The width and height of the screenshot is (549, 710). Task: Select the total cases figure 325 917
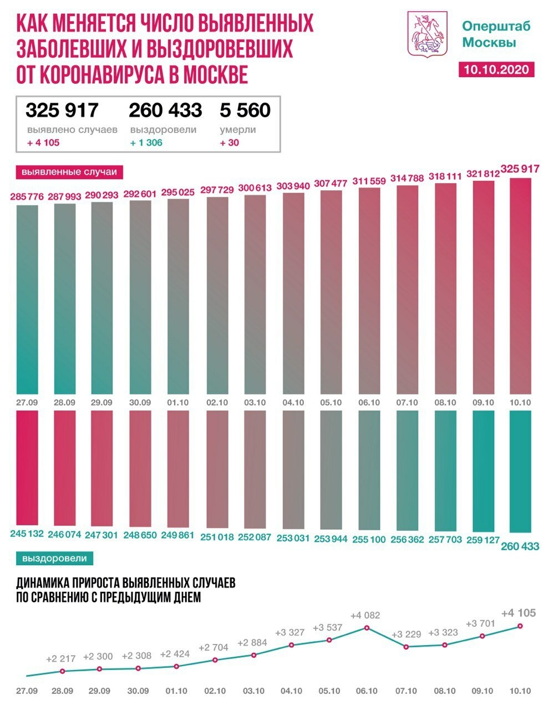pyautogui.click(x=62, y=110)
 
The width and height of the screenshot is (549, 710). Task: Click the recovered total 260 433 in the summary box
pyautogui.click(x=165, y=110)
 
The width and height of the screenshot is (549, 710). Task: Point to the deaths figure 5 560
pyautogui.click(x=245, y=110)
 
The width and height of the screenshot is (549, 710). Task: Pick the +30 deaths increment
pyautogui.click(x=230, y=143)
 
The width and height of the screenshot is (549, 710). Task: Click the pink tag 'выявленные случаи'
pyautogui.click(x=69, y=172)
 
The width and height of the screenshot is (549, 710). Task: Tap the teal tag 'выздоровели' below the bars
pyautogui.click(x=54, y=559)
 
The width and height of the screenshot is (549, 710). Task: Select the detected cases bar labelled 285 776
pyautogui.click(x=28, y=300)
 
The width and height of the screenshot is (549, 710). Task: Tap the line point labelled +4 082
pyautogui.click(x=367, y=628)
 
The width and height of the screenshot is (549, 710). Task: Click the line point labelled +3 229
pyautogui.click(x=406, y=647)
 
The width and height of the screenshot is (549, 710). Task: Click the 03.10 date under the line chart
pyautogui.click(x=253, y=691)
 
